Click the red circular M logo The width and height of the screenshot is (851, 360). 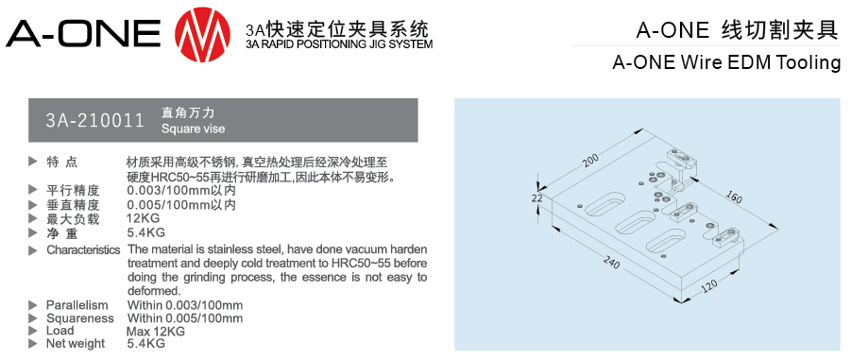point(202,34)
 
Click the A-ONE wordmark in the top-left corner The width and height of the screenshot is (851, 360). point(83,34)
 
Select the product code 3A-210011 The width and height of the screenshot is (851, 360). point(95,120)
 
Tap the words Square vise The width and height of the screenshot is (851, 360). point(193,129)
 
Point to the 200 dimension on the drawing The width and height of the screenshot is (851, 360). point(590,159)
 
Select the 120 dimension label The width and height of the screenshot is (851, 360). point(708,285)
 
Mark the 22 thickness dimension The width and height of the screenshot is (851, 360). point(536,198)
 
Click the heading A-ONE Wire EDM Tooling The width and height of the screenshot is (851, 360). point(726,62)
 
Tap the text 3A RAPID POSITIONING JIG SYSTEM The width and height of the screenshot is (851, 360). point(339,44)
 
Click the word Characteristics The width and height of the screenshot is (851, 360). point(83,250)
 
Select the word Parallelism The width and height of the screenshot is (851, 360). point(77,305)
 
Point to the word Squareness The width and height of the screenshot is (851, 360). point(79,318)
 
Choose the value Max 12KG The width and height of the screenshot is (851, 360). point(156,332)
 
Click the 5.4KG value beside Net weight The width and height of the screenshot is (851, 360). point(146,344)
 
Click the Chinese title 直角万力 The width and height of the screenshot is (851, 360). point(188,113)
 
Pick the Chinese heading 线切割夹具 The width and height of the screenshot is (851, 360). point(779,30)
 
